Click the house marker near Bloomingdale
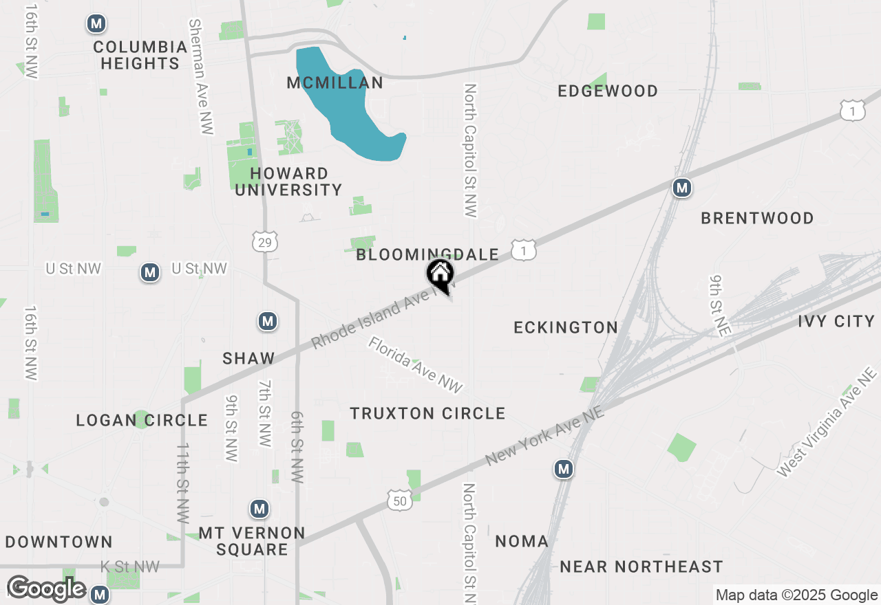(440, 275)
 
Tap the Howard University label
(288, 181)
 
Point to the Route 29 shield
(265, 241)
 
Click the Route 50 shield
(400, 500)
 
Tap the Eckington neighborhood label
(566, 327)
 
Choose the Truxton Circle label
(427, 413)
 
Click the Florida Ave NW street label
(416, 365)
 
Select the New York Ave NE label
(545, 434)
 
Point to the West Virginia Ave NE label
(827, 422)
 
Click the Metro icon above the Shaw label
(267, 321)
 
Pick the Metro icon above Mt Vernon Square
(259, 509)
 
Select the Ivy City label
(836, 321)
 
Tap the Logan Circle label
(142, 420)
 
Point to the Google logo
(46, 589)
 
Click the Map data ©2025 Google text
(796, 595)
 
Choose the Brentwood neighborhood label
(757, 218)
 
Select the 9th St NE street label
(719, 306)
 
